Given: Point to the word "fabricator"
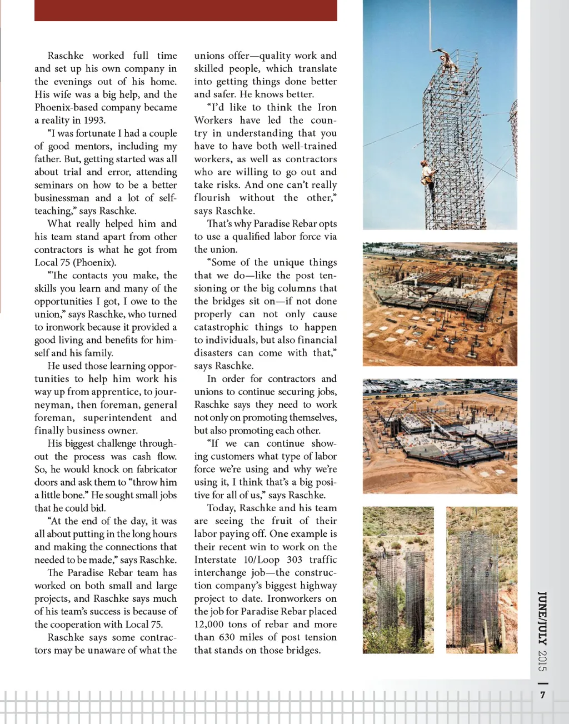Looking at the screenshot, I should point(157,470).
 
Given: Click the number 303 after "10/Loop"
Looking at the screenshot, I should point(294,560).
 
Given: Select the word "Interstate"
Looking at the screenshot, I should point(216,560).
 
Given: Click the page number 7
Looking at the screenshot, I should point(543,695).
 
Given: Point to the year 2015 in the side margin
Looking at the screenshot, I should point(543,660).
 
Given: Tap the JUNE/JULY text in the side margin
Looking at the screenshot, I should point(543,617).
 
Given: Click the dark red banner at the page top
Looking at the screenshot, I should point(186,11).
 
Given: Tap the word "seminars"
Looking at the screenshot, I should point(53,185).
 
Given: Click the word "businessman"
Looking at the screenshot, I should point(62,198).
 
